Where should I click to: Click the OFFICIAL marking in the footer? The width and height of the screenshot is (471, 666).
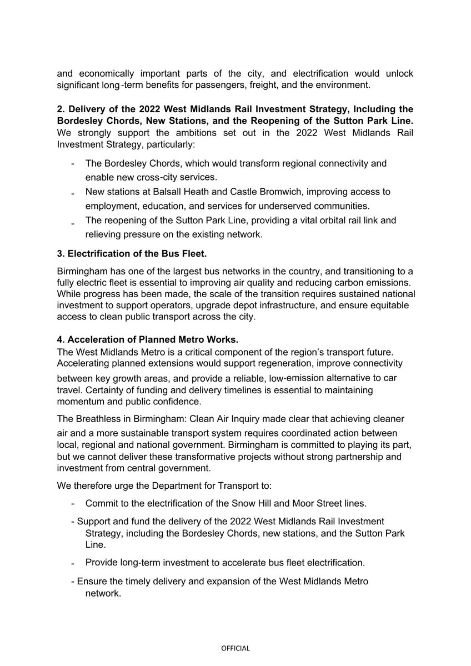click(x=235, y=648)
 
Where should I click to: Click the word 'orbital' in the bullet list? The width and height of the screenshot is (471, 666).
click(x=315, y=221)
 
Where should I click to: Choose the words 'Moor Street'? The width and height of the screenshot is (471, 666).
click(x=325, y=503)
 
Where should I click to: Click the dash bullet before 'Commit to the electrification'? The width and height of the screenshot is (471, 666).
click(x=73, y=504)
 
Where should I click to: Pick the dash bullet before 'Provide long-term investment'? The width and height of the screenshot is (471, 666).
click(x=73, y=563)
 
